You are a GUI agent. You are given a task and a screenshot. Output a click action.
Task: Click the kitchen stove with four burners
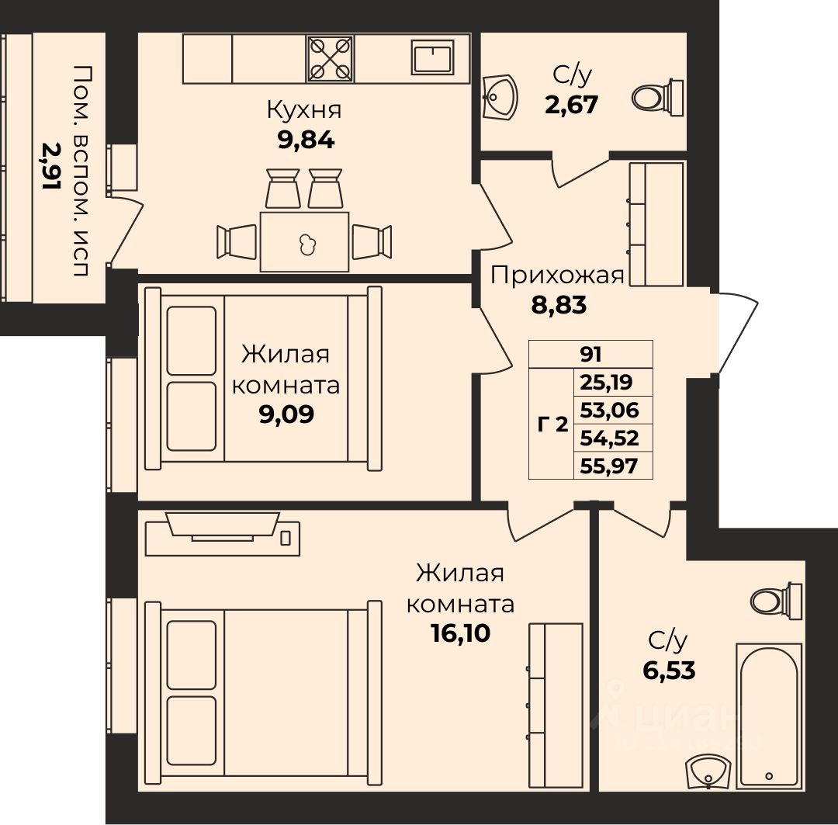click(x=331, y=59)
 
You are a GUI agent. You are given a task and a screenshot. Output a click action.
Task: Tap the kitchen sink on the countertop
click(x=432, y=57)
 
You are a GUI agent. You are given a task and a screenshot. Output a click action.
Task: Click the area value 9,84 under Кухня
click(x=306, y=140)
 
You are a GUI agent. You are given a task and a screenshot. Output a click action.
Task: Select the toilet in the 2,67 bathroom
click(x=657, y=97)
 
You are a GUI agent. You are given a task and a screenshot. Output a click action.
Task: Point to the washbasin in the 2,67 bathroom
click(x=500, y=97)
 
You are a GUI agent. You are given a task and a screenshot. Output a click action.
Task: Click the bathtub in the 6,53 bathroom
click(x=768, y=716)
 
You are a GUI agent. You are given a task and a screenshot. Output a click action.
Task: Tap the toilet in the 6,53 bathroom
click(x=776, y=600)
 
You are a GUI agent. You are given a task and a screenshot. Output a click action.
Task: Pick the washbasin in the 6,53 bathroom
click(x=707, y=771)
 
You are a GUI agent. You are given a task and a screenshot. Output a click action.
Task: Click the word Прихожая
click(x=557, y=276)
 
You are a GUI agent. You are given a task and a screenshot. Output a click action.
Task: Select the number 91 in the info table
click(x=590, y=355)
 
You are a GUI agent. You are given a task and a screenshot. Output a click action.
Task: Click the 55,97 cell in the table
click(x=609, y=466)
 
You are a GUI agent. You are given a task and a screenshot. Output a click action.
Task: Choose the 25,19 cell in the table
click(x=606, y=383)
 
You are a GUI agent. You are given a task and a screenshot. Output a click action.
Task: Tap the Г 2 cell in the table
click(x=552, y=425)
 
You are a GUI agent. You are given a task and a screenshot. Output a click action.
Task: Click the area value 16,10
click(x=460, y=633)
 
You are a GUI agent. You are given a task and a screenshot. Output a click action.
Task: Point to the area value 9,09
click(x=286, y=414)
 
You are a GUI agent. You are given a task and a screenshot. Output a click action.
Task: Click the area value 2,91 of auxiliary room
click(x=51, y=166)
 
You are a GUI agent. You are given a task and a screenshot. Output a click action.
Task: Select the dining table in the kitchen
click(x=305, y=241)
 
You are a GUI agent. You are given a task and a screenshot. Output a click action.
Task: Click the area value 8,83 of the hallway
click(x=559, y=305)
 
